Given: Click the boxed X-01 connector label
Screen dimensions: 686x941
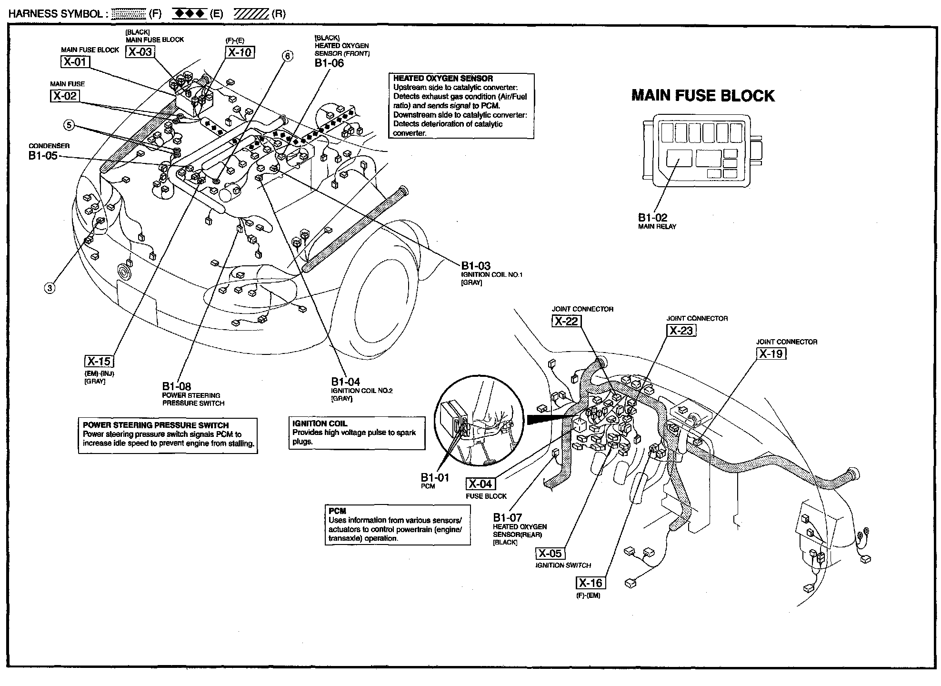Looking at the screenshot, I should point(75,61).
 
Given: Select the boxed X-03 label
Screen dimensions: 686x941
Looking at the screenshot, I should point(140,52).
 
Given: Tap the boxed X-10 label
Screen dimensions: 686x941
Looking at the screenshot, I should point(240,52).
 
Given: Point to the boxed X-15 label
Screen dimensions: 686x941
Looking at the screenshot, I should point(99,361).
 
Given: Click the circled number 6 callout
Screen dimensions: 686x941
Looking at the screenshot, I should point(287,56).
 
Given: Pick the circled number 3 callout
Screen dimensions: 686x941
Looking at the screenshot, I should point(50,288).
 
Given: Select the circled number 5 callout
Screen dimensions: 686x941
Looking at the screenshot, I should point(70,125).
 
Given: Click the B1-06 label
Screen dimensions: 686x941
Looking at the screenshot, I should point(329,63).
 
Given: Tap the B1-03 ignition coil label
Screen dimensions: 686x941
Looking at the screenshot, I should point(475,266).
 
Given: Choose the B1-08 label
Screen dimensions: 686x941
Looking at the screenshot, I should point(176,386).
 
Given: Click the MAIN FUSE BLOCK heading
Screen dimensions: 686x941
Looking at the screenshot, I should point(702,96).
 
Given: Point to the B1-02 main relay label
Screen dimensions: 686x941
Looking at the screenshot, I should point(652,218).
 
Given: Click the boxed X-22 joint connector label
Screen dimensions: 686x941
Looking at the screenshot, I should point(566,321).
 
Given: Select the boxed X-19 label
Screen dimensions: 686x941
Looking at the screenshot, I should point(771,353).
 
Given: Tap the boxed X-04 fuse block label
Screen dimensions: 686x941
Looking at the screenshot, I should point(480,484).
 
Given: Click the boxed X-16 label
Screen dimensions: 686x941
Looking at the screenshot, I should point(591,583).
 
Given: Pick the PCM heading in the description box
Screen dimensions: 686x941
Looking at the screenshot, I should point(337,511).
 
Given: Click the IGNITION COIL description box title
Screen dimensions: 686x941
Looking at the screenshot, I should point(320,424).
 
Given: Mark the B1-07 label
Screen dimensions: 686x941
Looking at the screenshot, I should point(507,517).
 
